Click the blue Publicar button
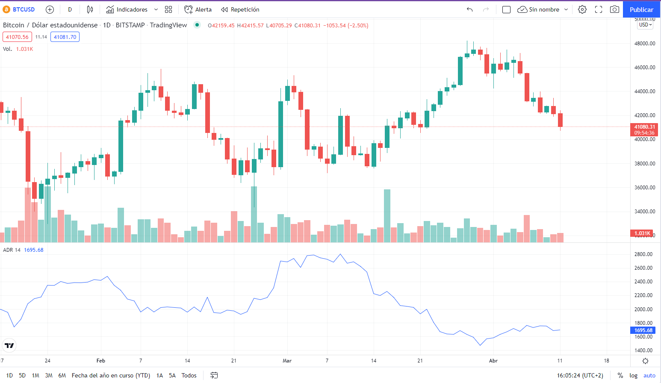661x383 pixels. point(641,9)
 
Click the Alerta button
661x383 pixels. point(198,9)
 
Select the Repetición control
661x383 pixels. point(240,9)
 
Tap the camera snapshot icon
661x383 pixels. point(614,9)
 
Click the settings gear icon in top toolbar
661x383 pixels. point(582,9)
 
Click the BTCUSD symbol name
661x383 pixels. point(24,9)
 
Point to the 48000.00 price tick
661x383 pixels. point(644,44)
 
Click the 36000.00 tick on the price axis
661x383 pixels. point(644,188)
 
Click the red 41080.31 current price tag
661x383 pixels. point(644,127)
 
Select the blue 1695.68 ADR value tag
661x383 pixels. point(643,330)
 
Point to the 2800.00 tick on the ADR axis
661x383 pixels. point(643,254)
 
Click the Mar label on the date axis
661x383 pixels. point(287,361)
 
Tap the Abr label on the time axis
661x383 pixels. point(493,361)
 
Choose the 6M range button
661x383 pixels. point(62,375)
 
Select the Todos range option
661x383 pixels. point(189,375)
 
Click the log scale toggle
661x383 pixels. point(633,375)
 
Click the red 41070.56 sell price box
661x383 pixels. point(17,37)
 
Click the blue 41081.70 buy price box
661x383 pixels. point(65,37)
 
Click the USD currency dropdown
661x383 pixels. point(645,25)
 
